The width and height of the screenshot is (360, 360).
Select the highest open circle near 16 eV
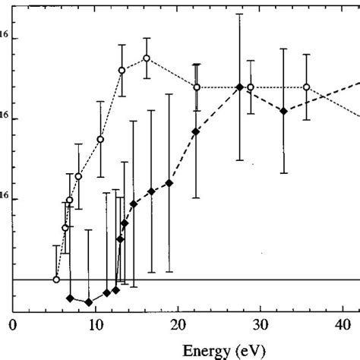(147, 58)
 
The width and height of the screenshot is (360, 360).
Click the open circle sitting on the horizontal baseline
(56, 279)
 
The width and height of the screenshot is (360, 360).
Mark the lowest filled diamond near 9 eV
(89, 302)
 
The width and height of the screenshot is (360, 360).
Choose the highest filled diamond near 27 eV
(240, 87)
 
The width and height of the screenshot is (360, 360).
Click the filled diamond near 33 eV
(283, 111)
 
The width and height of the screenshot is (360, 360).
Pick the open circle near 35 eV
(306, 87)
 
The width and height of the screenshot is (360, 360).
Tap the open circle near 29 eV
(251, 87)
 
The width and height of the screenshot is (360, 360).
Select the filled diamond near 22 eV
(196, 131)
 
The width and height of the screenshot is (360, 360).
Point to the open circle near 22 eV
(197, 87)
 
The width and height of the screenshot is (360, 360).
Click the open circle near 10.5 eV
(100, 139)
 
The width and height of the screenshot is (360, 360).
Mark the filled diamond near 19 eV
(169, 184)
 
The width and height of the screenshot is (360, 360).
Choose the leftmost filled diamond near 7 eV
(70, 298)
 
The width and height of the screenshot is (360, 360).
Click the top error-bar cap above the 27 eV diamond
(240, 14)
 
